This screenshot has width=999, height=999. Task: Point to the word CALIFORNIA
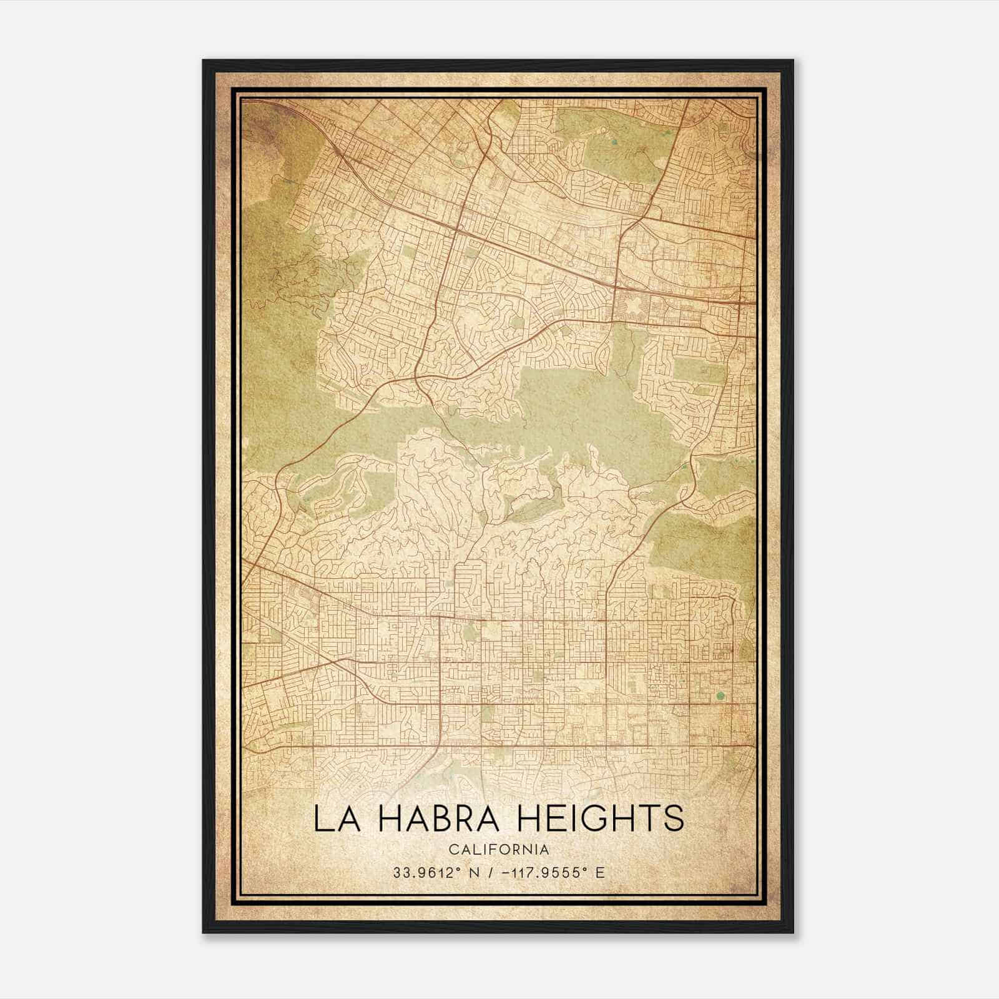pos(499,850)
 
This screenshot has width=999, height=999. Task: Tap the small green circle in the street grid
pos(720,696)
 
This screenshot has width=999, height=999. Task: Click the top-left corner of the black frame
pos(204,61)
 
